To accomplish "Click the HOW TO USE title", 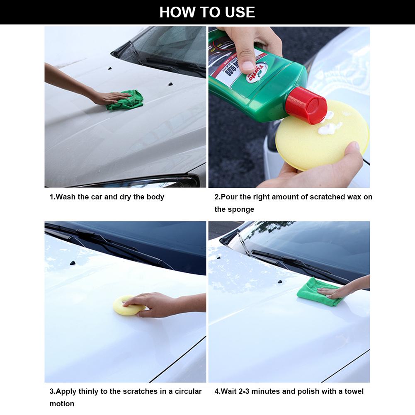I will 207,12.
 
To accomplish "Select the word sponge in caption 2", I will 241,209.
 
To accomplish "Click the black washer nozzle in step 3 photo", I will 73,263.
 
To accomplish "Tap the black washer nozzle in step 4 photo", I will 280,282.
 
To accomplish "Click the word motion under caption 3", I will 62,404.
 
